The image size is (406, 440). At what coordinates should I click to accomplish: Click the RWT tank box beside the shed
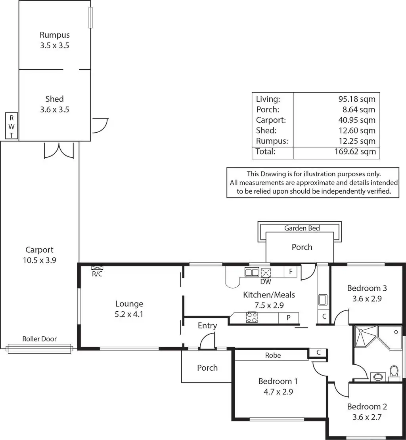[x=11, y=126]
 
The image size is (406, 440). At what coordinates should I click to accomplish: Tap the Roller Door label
[x=39, y=339]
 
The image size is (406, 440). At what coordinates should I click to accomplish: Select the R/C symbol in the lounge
[x=97, y=267]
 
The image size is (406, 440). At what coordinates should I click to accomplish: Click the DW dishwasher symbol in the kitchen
[x=266, y=272]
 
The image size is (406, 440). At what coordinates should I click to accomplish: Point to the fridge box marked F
[x=291, y=272]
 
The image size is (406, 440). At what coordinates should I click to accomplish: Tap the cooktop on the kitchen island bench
[x=252, y=317]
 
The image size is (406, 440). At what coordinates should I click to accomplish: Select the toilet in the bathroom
[x=394, y=372]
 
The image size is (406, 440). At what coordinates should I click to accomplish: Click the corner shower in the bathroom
[x=365, y=336]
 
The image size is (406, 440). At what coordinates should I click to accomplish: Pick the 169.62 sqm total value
[x=355, y=152]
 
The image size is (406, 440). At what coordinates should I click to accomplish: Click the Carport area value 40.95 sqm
[x=355, y=120]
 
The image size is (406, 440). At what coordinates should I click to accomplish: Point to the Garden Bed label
[x=302, y=228]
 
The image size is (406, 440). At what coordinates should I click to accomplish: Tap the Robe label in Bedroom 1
[x=273, y=356]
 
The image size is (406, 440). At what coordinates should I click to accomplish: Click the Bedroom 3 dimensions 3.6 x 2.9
[x=367, y=299]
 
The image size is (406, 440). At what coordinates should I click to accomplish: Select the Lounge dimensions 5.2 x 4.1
[x=129, y=315]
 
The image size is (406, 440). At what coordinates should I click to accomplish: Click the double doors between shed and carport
[x=59, y=150]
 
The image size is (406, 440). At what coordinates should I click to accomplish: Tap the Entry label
[x=207, y=326]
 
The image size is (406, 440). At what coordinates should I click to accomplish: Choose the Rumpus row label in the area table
[x=272, y=141]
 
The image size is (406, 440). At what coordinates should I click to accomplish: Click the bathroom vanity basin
[x=377, y=376]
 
